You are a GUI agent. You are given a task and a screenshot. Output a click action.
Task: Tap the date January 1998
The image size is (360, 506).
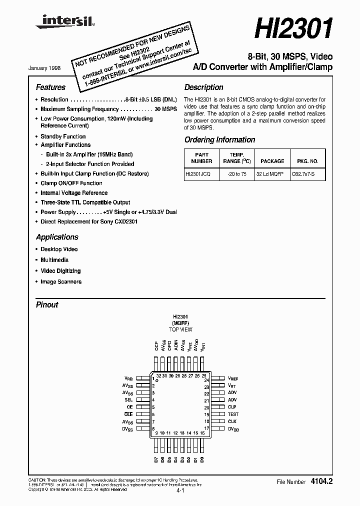52,67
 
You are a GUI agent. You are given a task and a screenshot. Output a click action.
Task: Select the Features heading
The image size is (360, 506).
50,87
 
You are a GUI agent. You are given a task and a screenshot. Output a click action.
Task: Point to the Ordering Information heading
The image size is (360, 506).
219,140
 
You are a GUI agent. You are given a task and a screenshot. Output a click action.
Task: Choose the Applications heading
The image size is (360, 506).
57,237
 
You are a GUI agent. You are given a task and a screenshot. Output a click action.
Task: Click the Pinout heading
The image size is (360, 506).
47,304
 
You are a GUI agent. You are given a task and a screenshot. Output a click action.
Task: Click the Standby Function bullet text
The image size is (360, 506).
63,136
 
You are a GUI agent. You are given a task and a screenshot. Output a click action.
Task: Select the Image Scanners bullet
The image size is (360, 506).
61,281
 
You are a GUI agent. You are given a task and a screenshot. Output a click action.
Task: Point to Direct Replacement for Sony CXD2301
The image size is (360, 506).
89,221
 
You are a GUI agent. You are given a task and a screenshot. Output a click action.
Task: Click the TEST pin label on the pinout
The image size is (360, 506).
233,414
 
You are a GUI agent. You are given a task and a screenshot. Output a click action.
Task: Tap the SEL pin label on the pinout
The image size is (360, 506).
128,400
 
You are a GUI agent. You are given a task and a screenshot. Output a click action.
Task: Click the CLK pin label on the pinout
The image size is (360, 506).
232,421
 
